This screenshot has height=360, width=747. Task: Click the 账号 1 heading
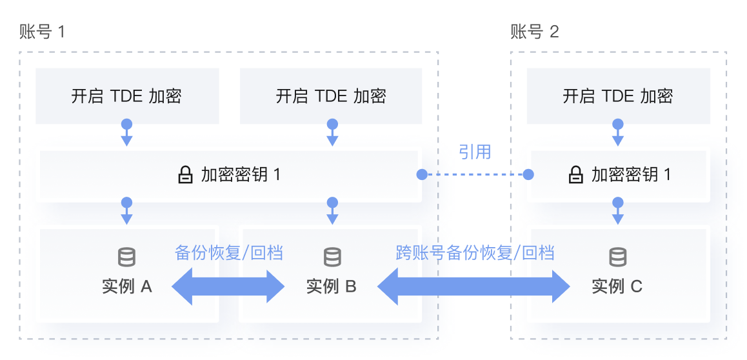43,32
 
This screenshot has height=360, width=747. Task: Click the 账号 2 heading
535,32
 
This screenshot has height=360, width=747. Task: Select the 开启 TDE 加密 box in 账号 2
618,96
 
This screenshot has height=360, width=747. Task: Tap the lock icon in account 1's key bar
186,175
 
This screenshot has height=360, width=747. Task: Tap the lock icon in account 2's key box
575,175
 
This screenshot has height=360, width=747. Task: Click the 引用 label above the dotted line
475,152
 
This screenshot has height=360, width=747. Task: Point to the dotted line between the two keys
475,174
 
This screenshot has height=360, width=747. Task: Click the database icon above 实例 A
127,257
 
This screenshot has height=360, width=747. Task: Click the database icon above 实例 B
332,257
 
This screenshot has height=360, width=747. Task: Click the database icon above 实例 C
618,257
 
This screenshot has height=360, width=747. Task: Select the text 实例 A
127,286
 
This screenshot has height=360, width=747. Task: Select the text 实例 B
332,286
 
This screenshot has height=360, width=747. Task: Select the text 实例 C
617,286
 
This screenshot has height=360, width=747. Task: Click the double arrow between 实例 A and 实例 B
228,286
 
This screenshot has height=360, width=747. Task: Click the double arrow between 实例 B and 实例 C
474,286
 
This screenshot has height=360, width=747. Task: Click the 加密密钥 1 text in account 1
241,175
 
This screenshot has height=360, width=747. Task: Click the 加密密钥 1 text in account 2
631,175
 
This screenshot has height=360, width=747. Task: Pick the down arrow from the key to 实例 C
618,212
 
